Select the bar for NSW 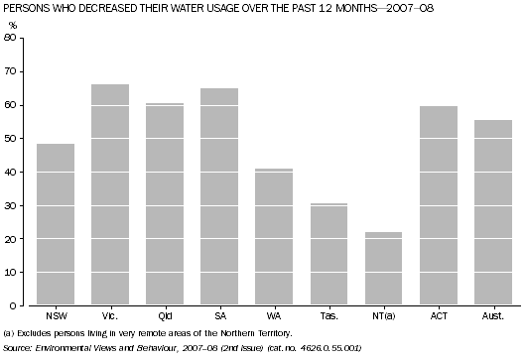pyautogui.click(x=56, y=225)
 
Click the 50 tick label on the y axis pyautogui.click(x=11, y=139)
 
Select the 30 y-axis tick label pyautogui.click(x=11, y=205)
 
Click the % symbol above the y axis pyautogui.click(x=12, y=24)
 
